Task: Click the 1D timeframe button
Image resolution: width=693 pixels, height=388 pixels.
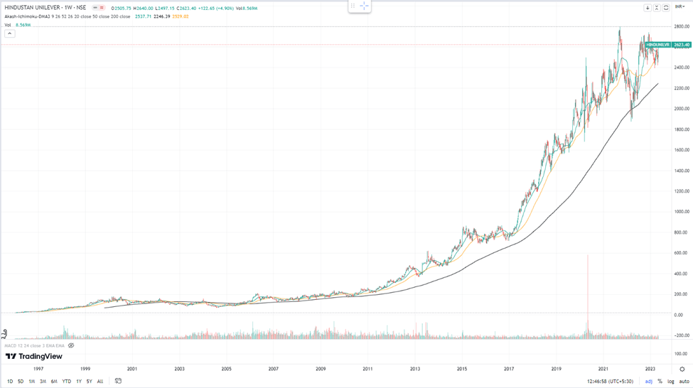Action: click(x=10, y=382)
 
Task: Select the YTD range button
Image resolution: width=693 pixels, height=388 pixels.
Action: click(x=66, y=382)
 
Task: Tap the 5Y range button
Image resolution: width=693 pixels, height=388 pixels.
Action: click(x=89, y=382)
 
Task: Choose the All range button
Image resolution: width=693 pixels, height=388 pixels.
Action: click(x=100, y=382)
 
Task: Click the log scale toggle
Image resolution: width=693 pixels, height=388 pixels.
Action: click(x=670, y=382)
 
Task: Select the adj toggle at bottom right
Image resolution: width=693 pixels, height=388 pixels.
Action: click(x=648, y=382)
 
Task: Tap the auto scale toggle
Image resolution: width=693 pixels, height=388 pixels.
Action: click(x=684, y=382)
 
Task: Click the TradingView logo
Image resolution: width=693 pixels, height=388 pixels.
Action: click(x=33, y=356)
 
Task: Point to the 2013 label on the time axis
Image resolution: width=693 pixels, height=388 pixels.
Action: click(x=415, y=370)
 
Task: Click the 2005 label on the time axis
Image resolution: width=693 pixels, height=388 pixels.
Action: click(x=226, y=370)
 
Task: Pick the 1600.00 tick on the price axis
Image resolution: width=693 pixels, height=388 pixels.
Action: click(x=682, y=150)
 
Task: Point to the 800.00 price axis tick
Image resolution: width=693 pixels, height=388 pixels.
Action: click(x=682, y=232)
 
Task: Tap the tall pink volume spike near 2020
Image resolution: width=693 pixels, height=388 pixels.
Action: click(x=588, y=291)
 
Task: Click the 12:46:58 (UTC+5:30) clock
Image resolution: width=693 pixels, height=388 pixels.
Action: click(x=610, y=382)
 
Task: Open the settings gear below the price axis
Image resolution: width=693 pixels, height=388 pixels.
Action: click(x=682, y=370)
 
